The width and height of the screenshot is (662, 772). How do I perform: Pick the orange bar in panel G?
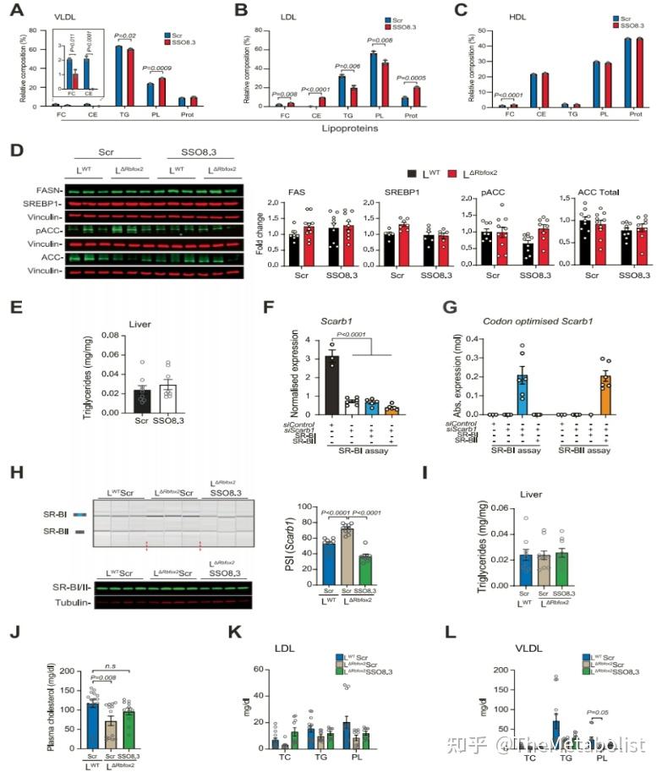(605, 395)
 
